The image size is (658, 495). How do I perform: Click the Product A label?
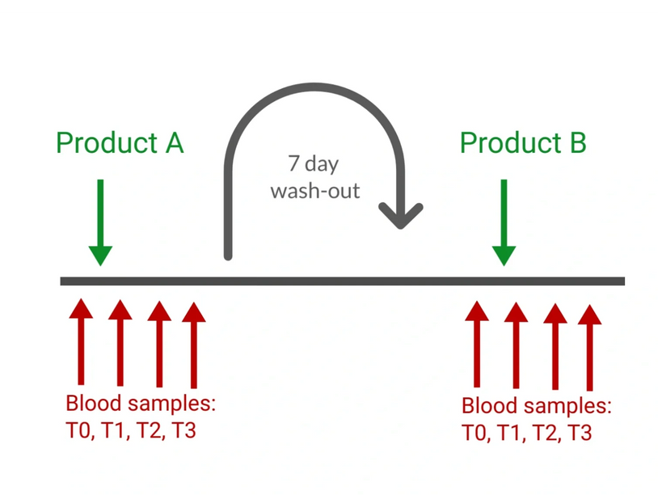(120, 143)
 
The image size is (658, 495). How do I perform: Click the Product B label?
(523, 143)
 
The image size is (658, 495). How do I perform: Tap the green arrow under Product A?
(100, 222)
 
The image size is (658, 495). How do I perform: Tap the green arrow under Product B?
(504, 222)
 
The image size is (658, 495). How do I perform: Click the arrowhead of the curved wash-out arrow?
(402, 215)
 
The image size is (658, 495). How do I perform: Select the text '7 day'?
(314, 164)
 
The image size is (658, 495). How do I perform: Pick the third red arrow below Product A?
(159, 343)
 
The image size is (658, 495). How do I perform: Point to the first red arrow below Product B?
(477, 343)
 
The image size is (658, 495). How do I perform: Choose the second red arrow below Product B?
(516, 343)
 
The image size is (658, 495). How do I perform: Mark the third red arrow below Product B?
(555, 345)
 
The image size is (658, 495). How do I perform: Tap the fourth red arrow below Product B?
(590, 347)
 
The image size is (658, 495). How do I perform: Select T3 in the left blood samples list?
(183, 430)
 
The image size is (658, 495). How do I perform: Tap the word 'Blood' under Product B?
(486, 406)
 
